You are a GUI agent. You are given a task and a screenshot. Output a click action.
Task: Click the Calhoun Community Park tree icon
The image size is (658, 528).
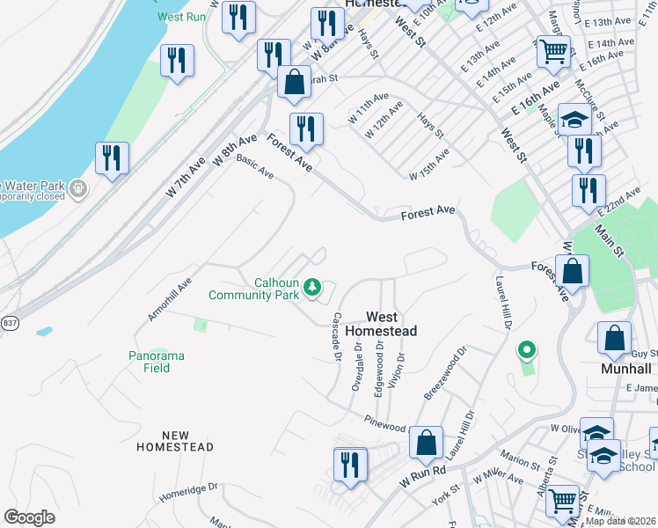(x=311, y=287)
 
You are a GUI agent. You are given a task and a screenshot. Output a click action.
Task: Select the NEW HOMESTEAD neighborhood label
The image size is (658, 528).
(x=175, y=441)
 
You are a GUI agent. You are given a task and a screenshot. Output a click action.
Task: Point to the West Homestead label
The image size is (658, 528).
(x=381, y=324)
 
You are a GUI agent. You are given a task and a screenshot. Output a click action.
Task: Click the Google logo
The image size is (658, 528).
(x=29, y=517)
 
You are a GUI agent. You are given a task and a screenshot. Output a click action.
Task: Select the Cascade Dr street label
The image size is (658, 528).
(x=335, y=337)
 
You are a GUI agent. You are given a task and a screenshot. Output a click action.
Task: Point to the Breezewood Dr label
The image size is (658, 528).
(x=446, y=373)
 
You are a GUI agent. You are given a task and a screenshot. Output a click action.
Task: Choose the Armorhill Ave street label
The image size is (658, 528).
(x=170, y=298)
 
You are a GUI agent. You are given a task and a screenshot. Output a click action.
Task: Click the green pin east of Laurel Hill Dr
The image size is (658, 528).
(x=526, y=351)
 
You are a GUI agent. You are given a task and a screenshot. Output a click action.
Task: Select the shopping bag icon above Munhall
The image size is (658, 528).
(x=614, y=338)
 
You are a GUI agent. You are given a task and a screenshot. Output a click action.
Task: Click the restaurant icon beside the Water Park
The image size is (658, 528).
(x=112, y=158)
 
